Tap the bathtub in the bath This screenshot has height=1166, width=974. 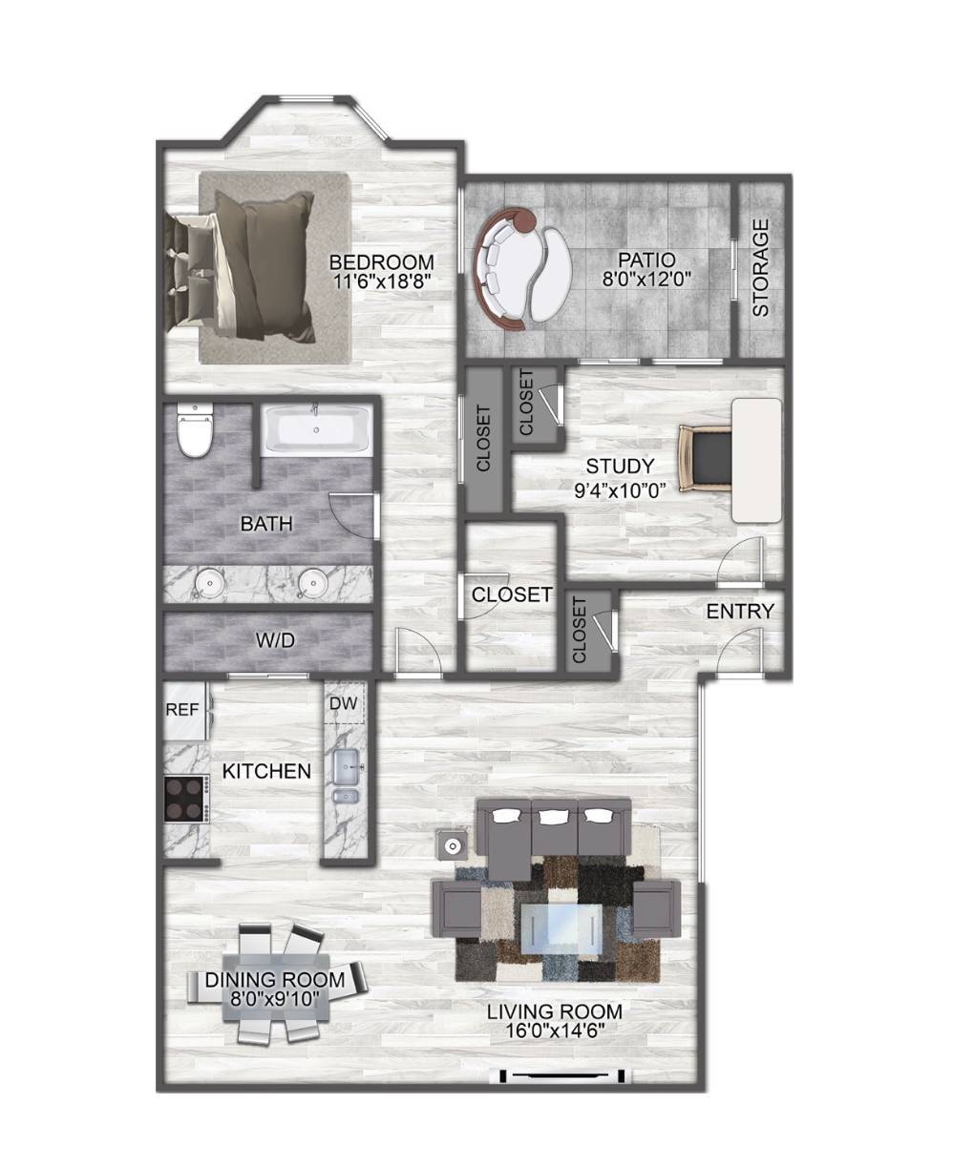tap(316, 428)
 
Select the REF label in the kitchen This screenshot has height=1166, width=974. tap(182, 710)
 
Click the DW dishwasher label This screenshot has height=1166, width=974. tap(343, 703)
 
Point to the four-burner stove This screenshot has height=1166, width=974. tap(185, 799)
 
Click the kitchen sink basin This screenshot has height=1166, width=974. tap(347, 766)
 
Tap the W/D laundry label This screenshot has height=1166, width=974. tap(275, 640)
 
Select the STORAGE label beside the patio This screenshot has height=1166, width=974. tap(760, 267)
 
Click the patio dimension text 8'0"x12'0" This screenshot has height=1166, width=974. tap(646, 278)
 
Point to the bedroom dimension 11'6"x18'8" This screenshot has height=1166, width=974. tap(382, 281)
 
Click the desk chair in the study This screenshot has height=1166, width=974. tap(706, 458)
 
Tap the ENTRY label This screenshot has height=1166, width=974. tap(740, 612)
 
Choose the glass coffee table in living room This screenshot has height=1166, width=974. tap(561, 929)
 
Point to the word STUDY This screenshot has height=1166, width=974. tap(620, 466)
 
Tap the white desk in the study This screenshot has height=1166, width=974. tap(756, 460)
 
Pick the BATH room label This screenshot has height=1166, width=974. tap(266, 524)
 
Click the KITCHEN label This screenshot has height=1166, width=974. tap(266, 771)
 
